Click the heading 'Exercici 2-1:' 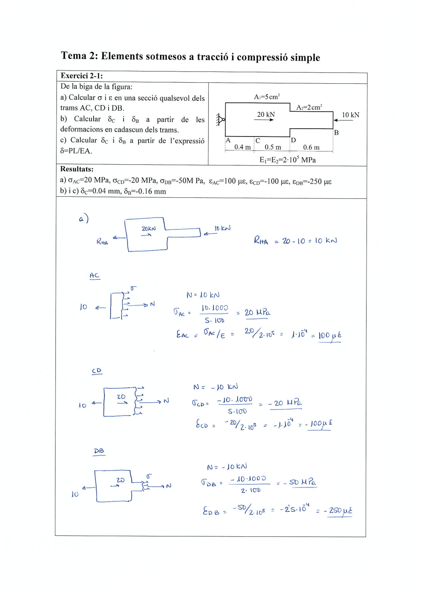click(x=81, y=76)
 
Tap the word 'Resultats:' click(x=76, y=169)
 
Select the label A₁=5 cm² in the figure click(x=266, y=97)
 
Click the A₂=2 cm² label click(x=309, y=107)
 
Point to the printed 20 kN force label click(x=266, y=114)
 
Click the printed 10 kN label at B click(x=350, y=115)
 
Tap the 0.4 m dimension click(x=242, y=147)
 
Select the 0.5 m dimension click(x=273, y=147)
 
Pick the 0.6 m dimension click(x=311, y=147)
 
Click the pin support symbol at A click(x=220, y=120)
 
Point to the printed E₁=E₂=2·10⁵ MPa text click(x=287, y=160)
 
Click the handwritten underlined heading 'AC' click(x=94, y=276)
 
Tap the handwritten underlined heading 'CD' click(x=97, y=371)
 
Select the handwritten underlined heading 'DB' click(x=99, y=451)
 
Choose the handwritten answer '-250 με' click(x=338, y=511)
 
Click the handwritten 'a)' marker click(x=83, y=219)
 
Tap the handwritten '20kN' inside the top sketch click(x=148, y=228)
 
